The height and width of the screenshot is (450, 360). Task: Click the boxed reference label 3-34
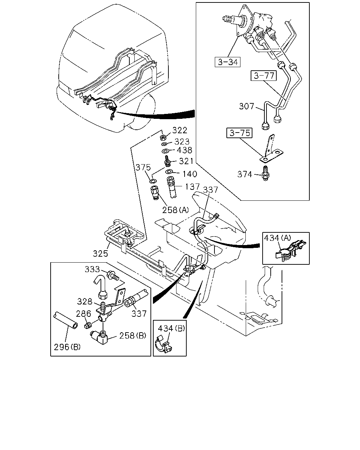tap(227, 62)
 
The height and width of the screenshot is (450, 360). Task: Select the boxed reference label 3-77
tap(264, 76)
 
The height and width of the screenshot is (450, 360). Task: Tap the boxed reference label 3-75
tap(239, 133)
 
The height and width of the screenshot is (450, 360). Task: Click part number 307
tap(246, 106)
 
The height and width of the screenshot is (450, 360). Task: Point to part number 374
tap(245, 174)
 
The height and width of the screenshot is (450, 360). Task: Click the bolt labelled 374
tap(265, 173)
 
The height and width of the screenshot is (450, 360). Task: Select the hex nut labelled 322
tap(163, 137)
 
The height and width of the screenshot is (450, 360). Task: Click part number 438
tap(185, 150)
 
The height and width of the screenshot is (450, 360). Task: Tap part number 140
tap(190, 174)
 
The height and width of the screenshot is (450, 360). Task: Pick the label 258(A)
tap(175, 210)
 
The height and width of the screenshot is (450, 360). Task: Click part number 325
tap(101, 253)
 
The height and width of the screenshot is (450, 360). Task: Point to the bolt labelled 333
tap(113, 275)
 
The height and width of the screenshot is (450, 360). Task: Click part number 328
tap(85, 302)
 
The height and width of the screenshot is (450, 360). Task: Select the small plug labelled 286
tap(88, 326)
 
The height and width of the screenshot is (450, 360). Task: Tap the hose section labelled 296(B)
tap(66, 320)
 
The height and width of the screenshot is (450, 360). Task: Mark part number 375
tap(143, 167)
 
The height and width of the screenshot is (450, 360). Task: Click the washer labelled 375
tap(153, 181)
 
